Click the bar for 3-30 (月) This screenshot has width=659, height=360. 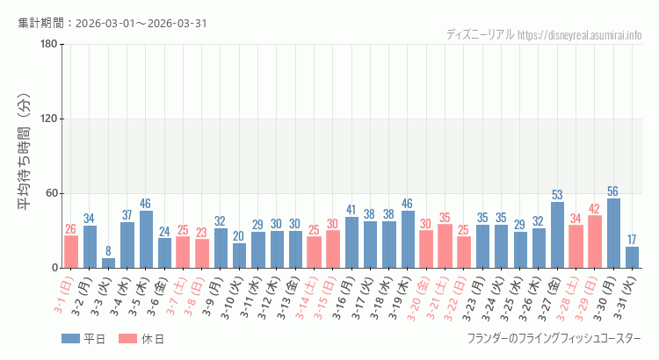[614, 234]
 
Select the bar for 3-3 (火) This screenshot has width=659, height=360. [108, 263]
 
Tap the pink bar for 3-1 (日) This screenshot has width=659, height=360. [71, 251]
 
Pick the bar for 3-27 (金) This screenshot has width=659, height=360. [558, 235]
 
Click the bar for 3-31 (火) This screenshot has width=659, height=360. [633, 257]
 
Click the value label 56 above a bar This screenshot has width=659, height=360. [614, 191]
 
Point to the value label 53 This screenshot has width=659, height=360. [558, 195]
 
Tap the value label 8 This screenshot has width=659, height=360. [108, 251]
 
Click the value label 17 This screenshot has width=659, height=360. [633, 240]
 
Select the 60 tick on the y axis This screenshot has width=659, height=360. [51, 194]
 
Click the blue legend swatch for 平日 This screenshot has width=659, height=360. [71, 339]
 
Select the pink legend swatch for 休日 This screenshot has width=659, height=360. [127, 339]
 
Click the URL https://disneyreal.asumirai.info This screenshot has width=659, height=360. [580, 35]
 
